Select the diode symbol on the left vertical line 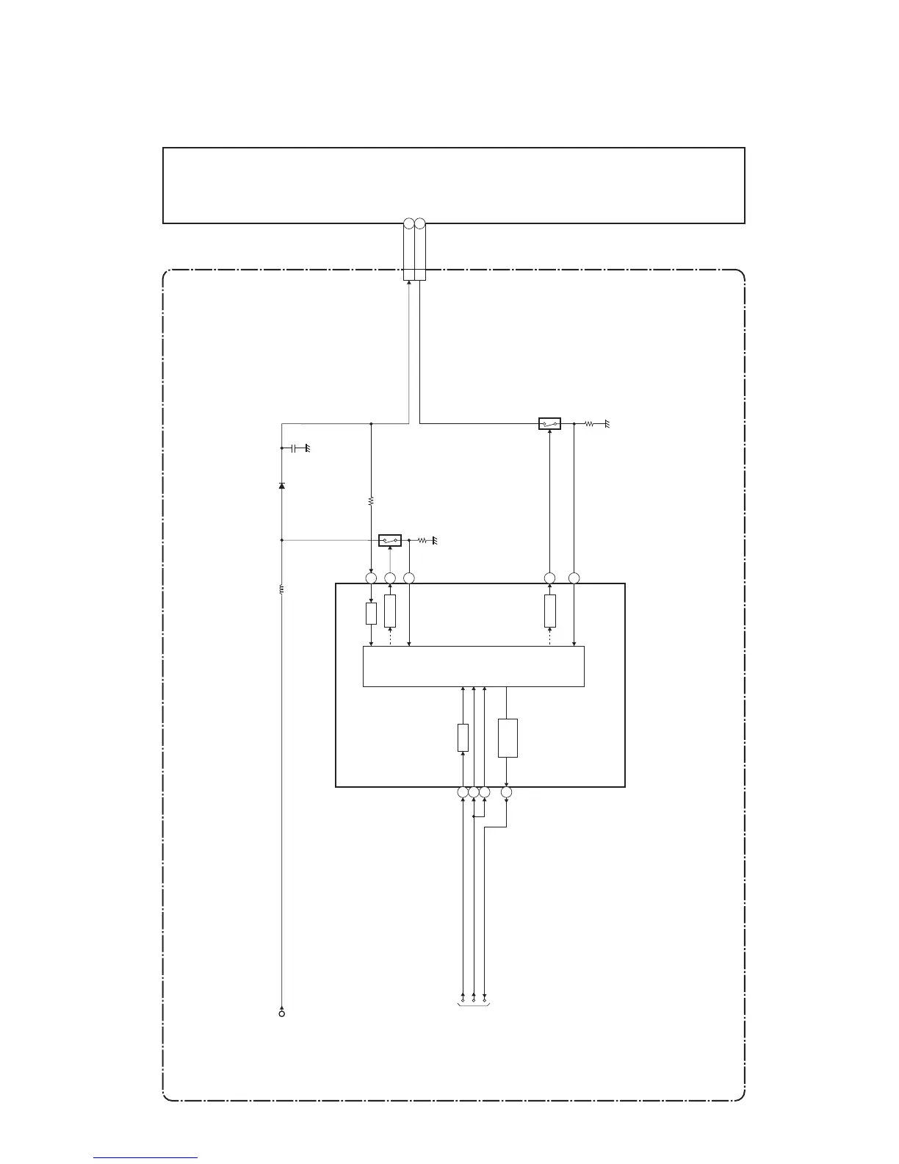point(282,486)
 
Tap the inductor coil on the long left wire point(282,589)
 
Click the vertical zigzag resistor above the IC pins point(371,500)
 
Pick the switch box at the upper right point(549,424)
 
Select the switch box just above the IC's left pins point(389,541)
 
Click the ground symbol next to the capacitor point(308,448)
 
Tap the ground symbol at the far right point(607,425)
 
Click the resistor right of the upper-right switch point(589,424)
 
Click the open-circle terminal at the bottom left point(282,1013)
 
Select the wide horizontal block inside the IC point(474,667)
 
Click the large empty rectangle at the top point(453,185)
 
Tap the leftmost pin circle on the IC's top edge point(371,578)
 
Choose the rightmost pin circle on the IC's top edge point(574,578)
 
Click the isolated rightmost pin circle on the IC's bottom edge point(507,792)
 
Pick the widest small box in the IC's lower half point(508,738)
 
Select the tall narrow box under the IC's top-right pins point(550,611)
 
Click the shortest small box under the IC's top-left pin point(371,614)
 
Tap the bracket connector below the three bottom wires point(474,1002)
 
